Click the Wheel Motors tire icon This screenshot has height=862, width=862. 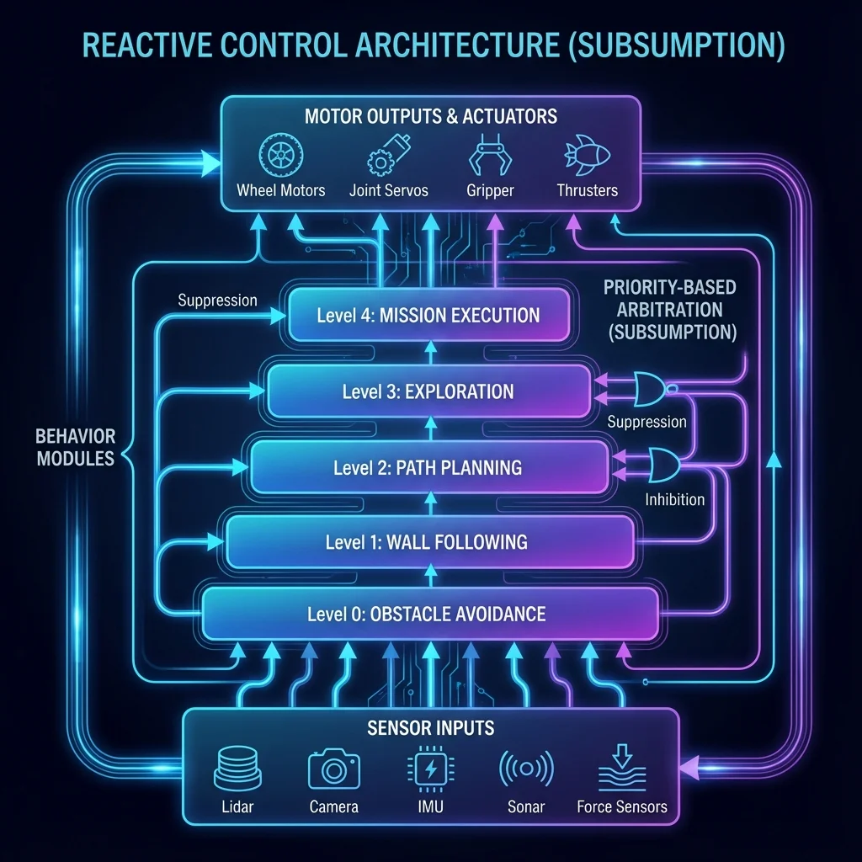tap(281, 155)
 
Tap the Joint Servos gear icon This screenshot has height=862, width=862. tap(388, 155)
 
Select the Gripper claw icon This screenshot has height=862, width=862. tap(490, 155)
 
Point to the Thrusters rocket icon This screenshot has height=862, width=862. tap(587, 155)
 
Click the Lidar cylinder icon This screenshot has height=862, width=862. tap(237, 768)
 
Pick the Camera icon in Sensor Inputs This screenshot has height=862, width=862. tap(333, 769)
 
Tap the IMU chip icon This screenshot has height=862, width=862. tap(430, 769)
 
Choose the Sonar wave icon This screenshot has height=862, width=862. tap(526, 769)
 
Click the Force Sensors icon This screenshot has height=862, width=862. tap(622, 768)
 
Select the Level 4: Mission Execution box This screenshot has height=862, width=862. tap(428, 315)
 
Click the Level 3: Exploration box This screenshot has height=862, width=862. tap(428, 391)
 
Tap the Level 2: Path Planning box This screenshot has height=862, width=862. tap(429, 467)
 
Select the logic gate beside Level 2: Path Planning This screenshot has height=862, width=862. tap(664, 465)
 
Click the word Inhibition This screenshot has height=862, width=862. tap(674, 499)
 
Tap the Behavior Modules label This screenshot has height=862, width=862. tap(75, 447)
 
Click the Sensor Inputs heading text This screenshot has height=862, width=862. tap(430, 728)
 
